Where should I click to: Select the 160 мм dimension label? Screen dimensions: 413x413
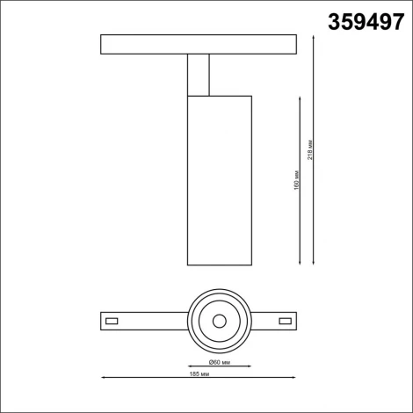click(298, 180)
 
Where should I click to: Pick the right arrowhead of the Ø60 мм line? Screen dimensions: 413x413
click(250, 365)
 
